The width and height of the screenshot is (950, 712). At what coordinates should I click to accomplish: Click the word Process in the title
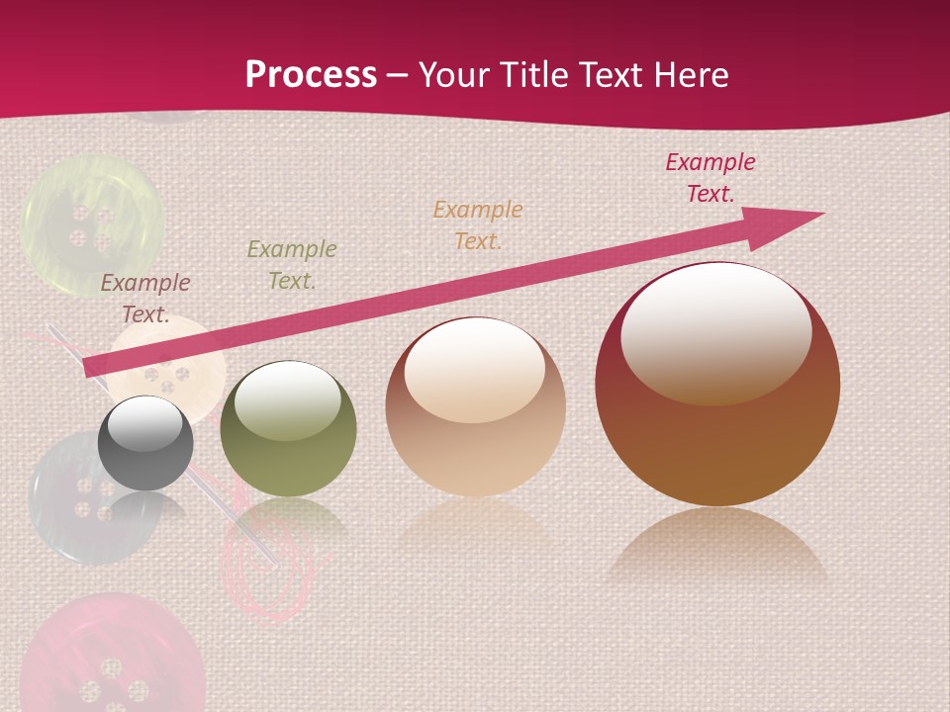pyautogui.click(x=311, y=74)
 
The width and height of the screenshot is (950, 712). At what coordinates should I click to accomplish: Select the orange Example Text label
pyautogui.click(x=478, y=224)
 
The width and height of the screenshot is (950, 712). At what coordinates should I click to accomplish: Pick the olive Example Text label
pyautogui.click(x=292, y=264)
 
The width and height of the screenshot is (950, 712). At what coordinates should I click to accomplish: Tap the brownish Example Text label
pyautogui.click(x=145, y=298)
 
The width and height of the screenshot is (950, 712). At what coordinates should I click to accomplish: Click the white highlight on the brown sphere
pyautogui.click(x=715, y=331)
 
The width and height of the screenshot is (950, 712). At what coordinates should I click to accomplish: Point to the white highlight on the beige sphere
pyautogui.click(x=474, y=369)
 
